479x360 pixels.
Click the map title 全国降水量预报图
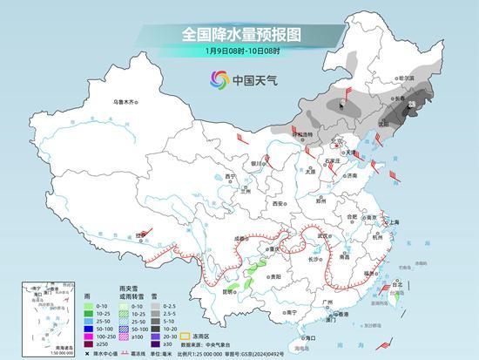click(240, 35)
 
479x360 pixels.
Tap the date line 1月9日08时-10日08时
click(240, 53)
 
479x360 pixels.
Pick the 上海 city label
click(395, 222)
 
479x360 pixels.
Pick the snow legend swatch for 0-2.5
click(155, 307)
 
